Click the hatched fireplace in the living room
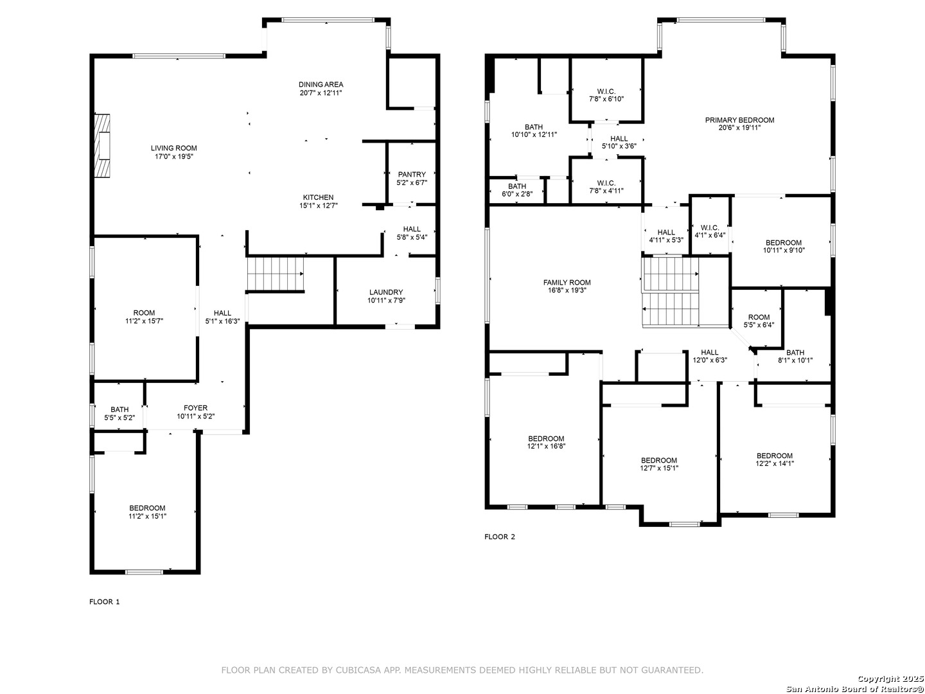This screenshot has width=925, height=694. (x=101, y=146)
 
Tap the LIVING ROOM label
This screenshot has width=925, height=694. (x=173, y=148)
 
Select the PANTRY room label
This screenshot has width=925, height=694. (x=411, y=174)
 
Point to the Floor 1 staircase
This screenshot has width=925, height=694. (x=275, y=274)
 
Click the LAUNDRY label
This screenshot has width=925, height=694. (x=385, y=292)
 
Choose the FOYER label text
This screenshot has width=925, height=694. (x=195, y=408)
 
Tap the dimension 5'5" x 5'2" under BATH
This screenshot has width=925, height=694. (x=119, y=418)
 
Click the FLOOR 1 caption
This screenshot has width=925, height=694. (x=104, y=601)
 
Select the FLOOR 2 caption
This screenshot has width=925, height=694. (x=499, y=537)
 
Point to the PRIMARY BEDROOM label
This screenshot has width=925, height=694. (x=739, y=120)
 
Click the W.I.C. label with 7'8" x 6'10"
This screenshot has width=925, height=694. (x=606, y=91)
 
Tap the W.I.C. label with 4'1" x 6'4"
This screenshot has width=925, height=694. (x=710, y=227)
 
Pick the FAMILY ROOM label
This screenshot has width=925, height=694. (x=567, y=282)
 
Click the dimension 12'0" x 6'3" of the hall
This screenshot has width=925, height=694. (x=710, y=360)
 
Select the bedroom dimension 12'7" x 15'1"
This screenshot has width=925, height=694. (x=658, y=468)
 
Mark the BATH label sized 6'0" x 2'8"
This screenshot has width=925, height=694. (x=516, y=186)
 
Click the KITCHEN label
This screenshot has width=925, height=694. (x=318, y=197)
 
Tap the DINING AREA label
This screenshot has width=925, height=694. (x=321, y=84)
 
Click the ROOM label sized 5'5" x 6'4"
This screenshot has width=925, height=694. (x=759, y=317)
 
